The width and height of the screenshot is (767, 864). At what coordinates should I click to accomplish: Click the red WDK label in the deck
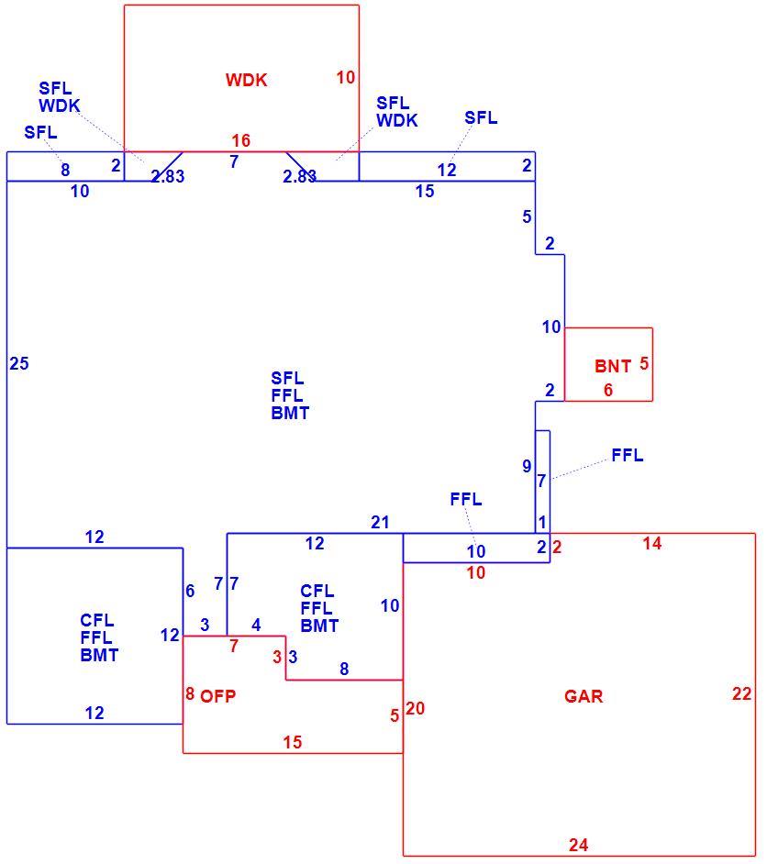246,80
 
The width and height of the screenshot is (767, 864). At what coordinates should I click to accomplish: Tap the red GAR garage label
584,696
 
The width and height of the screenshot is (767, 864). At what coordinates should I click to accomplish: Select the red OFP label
218,696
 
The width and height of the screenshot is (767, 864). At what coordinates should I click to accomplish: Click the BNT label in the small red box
613,366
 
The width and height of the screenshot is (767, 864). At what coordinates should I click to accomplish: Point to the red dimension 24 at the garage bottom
579,845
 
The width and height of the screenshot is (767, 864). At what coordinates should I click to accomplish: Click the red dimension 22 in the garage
741,693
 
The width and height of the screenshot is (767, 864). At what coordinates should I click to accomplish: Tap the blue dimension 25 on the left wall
18,364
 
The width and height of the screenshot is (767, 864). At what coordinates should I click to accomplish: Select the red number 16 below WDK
240,140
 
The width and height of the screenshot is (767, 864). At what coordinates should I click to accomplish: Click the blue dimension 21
380,522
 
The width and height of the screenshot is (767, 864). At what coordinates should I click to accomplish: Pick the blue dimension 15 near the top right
425,191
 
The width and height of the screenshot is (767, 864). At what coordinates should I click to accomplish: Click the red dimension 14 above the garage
651,543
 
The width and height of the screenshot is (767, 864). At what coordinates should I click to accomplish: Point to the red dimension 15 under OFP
293,742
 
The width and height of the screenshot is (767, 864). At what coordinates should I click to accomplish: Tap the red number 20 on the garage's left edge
416,708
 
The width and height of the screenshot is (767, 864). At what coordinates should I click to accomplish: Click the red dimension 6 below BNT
608,390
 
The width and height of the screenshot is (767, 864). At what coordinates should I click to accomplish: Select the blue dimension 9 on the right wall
527,466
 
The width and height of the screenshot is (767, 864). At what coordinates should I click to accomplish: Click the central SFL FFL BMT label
290,395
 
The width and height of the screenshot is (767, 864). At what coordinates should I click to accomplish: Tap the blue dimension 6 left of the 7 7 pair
190,591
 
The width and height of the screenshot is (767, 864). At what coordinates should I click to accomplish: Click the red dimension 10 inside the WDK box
346,77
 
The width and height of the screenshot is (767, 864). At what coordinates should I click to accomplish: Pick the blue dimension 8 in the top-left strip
65,170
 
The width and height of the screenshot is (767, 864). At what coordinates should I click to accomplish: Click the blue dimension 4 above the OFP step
256,625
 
